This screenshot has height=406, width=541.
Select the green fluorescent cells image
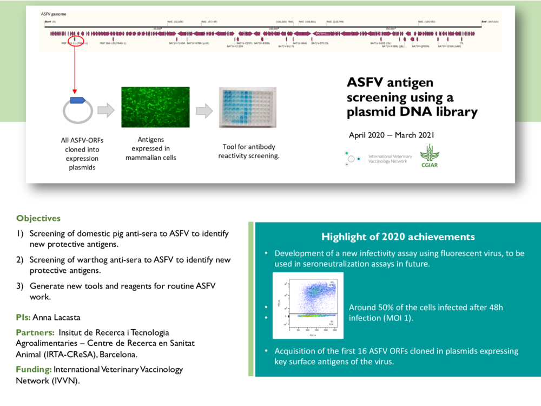155,107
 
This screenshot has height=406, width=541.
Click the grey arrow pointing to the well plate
204,110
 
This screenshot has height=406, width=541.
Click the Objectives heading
38,219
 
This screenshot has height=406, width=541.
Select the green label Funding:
33,370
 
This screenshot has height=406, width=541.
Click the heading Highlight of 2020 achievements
398,237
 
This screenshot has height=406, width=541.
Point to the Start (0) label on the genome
50,22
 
